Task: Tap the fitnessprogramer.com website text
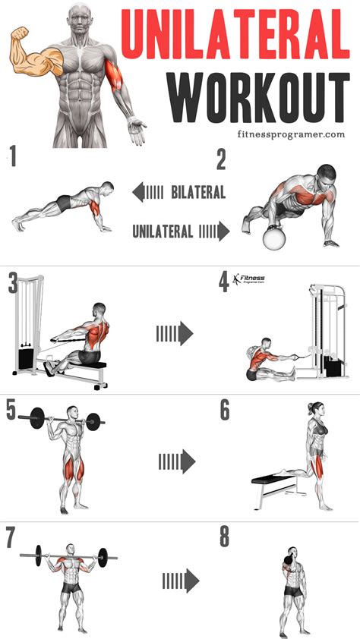pyautogui.click(x=289, y=134)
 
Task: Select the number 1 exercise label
pyautogui.click(x=12, y=158)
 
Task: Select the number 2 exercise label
pyautogui.click(x=222, y=159)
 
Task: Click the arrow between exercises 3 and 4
pyautogui.click(x=174, y=332)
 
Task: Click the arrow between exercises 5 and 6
pyautogui.click(x=176, y=461)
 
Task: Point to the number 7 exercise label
pyautogui.click(x=12, y=537)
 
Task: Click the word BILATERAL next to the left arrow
pyautogui.click(x=197, y=193)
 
